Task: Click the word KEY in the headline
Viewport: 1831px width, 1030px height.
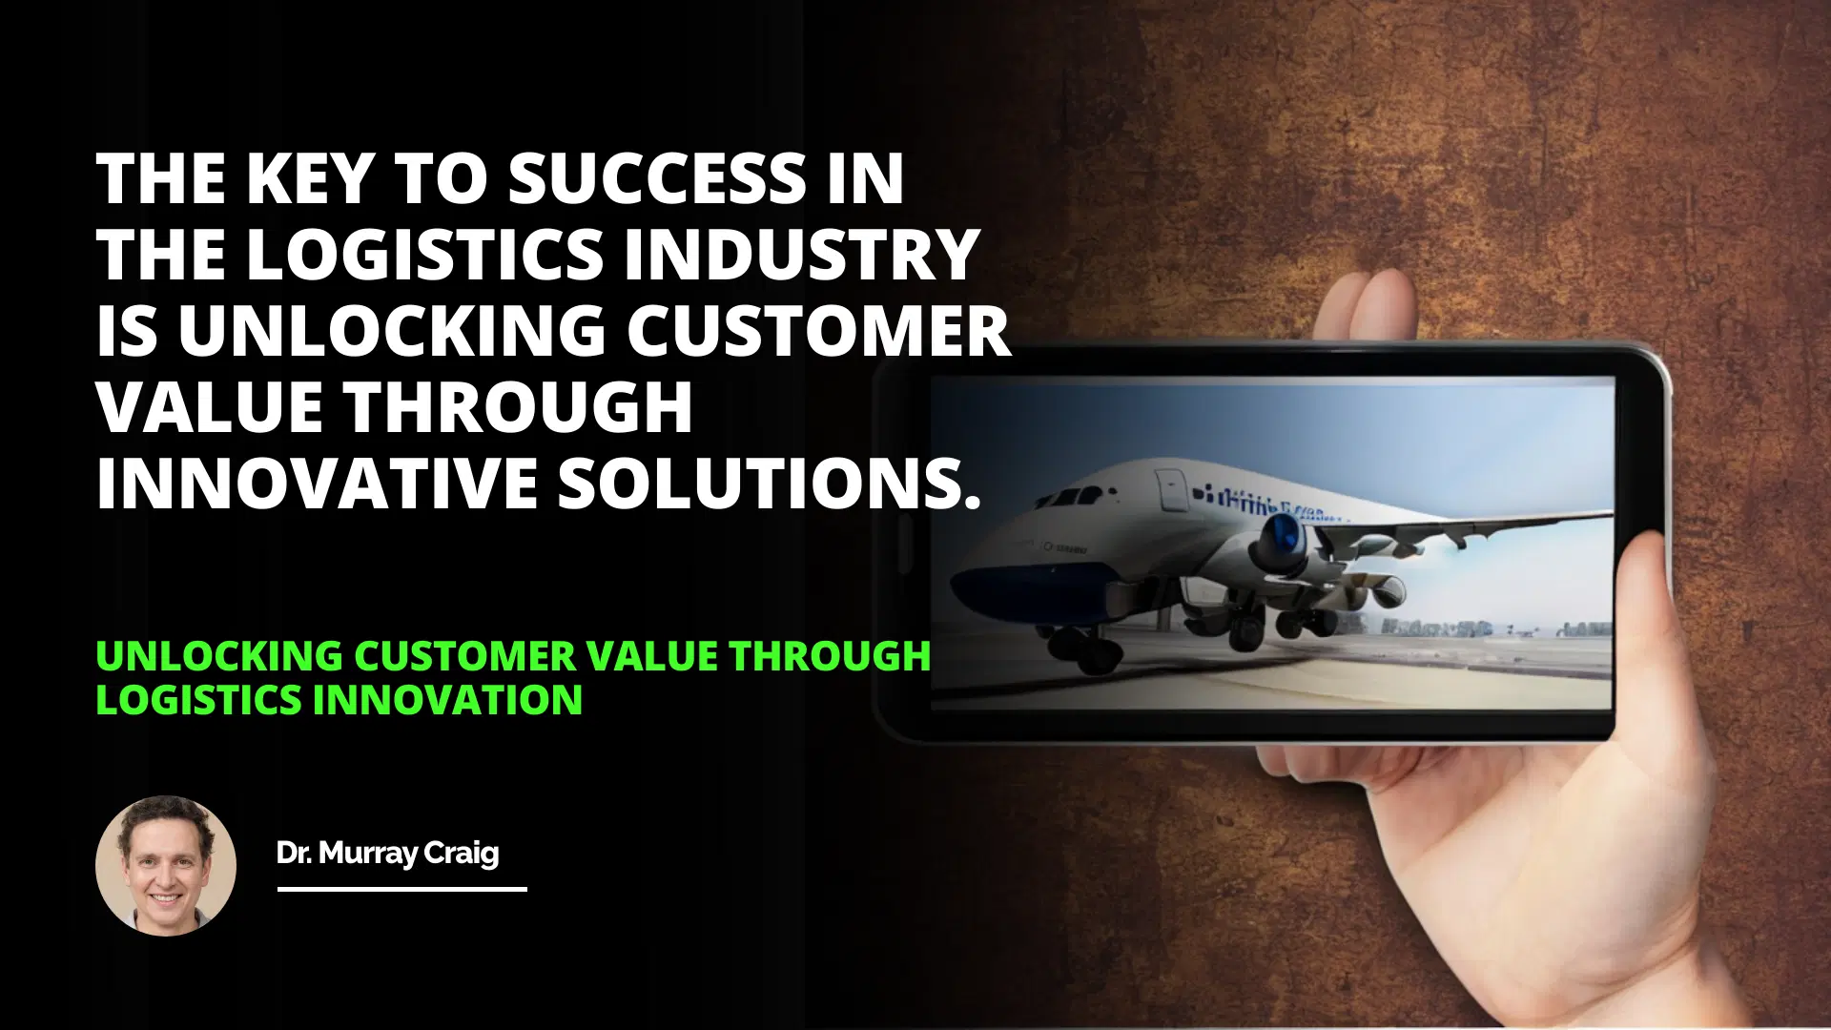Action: (x=307, y=178)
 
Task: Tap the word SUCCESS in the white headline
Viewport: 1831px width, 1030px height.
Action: (x=657, y=178)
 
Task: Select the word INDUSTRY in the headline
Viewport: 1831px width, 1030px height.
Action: (x=802, y=255)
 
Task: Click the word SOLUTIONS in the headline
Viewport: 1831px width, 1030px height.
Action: (x=769, y=484)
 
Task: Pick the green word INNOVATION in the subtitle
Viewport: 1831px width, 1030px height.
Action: (x=447, y=700)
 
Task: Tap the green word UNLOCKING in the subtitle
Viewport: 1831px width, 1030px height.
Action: (x=219, y=656)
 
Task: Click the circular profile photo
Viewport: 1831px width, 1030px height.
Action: (x=166, y=866)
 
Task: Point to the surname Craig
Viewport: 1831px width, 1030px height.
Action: (x=461, y=853)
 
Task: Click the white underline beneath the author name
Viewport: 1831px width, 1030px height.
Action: (x=401, y=889)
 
